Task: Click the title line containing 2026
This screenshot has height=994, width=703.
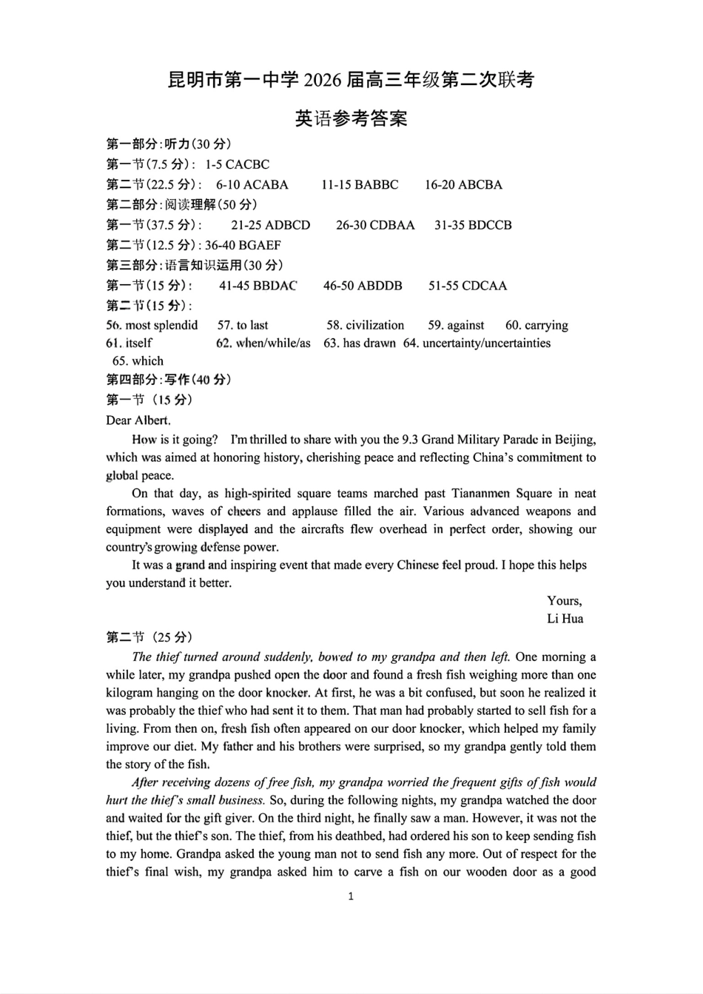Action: tap(351, 79)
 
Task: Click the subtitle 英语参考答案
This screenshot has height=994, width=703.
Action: tap(351, 118)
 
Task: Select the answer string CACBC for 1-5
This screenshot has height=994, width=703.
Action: tap(247, 164)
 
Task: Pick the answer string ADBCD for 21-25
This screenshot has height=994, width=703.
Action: tap(287, 225)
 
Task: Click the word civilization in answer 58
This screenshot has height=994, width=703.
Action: tap(375, 325)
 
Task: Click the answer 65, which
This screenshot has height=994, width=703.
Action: tap(147, 361)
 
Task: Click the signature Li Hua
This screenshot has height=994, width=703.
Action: tap(565, 619)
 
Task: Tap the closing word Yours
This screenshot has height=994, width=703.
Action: tap(564, 601)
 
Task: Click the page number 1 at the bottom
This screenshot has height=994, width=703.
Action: tap(351, 896)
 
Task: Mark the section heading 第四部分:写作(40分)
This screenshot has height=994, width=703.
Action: tap(169, 380)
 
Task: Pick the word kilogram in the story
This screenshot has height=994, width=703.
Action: tap(130, 693)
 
